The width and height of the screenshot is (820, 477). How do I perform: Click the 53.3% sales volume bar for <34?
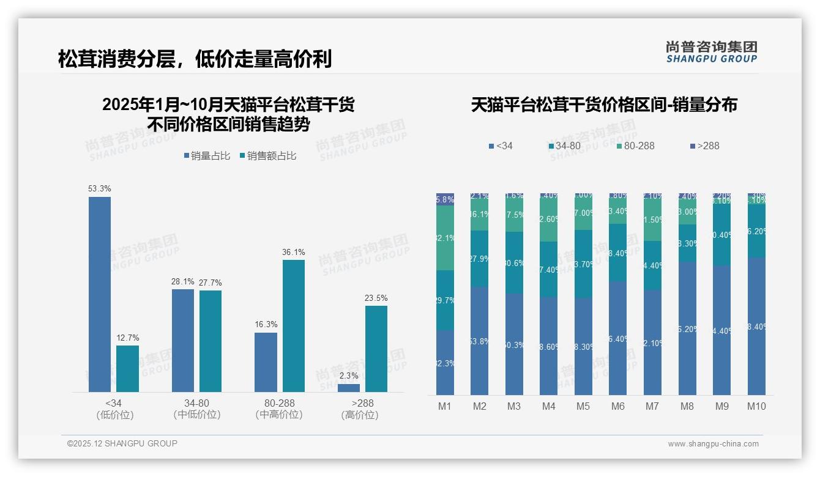(100, 294)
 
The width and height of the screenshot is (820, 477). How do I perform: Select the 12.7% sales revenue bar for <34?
(127, 369)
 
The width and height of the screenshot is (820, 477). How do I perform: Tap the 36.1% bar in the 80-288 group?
(294, 326)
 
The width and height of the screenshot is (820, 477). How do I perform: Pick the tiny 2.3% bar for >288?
(349, 388)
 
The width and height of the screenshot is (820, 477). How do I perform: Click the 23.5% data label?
(376, 298)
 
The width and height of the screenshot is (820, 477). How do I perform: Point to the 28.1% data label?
(183, 282)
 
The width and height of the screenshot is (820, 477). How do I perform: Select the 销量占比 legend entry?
(207, 156)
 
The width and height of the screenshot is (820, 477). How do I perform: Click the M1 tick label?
(445, 406)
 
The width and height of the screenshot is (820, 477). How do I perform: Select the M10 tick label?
(756, 406)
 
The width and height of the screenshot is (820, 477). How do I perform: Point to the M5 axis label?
(583, 406)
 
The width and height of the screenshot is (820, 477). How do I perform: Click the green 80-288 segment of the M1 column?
(445, 238)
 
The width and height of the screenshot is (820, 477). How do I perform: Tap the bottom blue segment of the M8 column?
(687, 328)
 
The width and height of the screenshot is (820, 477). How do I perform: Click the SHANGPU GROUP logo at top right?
(712, 52)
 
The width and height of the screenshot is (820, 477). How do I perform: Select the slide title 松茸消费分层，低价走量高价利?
(195, 59)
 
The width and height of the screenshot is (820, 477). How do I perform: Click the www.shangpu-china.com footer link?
(713, 444)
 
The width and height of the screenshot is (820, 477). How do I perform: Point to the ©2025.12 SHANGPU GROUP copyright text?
(122, 443)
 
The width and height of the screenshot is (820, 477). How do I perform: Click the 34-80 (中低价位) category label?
(196, 409)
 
